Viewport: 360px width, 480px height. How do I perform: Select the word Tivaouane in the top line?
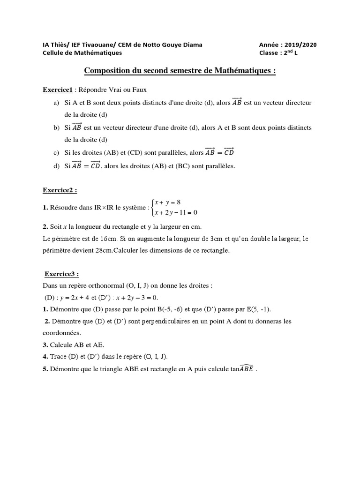(x=94, y=45)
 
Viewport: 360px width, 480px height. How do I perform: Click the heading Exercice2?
(x=59, y=191)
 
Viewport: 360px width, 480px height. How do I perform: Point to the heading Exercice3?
(x=61, y=274)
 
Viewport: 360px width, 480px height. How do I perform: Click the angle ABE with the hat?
(x=243, y=368)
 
